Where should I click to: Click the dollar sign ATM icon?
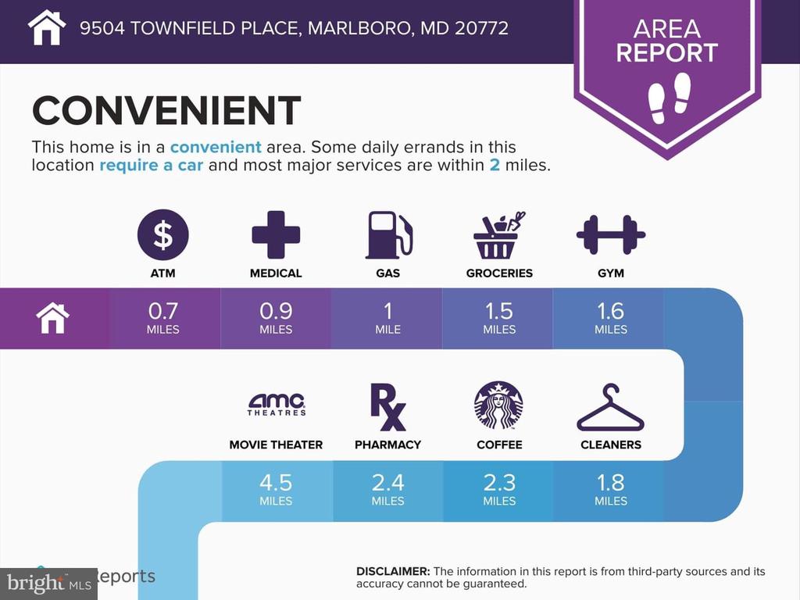(x=162, y=234)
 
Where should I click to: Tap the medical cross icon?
(x=276, y=234)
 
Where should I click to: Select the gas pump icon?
(x=389, y=235)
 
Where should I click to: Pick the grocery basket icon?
(x=499, y=235)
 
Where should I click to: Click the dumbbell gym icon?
(x=611, y=234)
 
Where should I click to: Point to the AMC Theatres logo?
(x=276, y=405)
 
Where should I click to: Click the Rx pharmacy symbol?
(x=387, y=407)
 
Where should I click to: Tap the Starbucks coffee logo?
(x=498, y=405)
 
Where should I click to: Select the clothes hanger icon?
(x=611, y=408)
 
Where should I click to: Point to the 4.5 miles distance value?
(x=276, y=489)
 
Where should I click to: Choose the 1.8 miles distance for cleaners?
(x=611, y=489)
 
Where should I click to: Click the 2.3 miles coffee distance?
(x=499, y=489)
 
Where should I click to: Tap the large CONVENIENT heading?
(x=166, y=110)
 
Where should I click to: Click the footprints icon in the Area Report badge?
(x=669, y=98)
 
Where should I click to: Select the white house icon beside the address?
(x=46, y=27)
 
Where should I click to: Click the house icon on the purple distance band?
(x=52, y=318)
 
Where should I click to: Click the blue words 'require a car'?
(x=151, y=166)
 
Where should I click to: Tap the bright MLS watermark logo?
(x=49, y=583)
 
